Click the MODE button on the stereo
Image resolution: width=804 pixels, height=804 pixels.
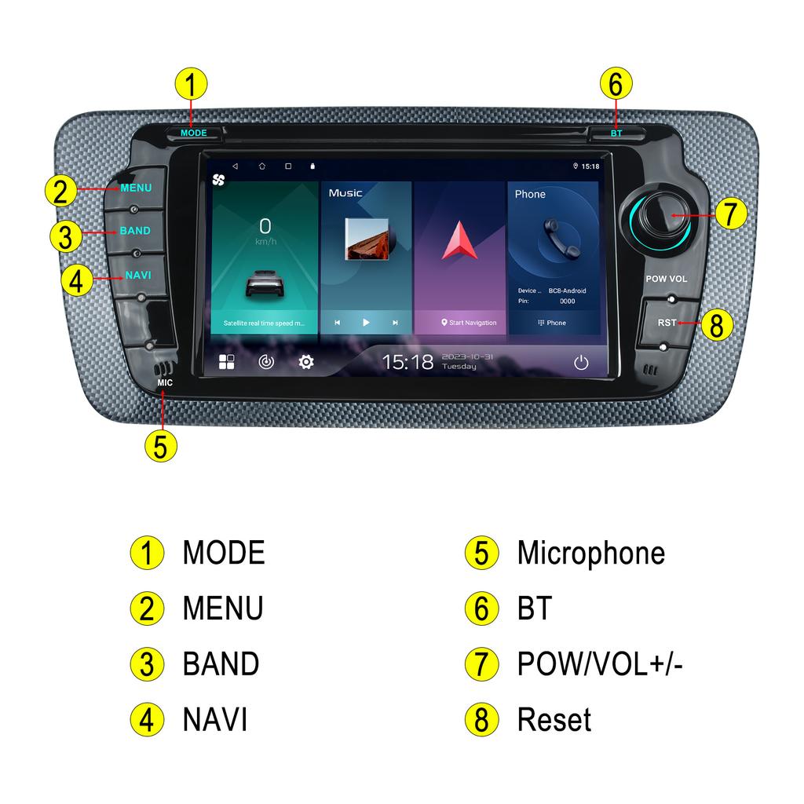(x=193, y=133)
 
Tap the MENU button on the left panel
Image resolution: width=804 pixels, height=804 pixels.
(x=136, y=188)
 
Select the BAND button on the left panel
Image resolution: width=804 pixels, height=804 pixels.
(x=135, y=232)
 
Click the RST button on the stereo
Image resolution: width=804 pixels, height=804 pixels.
(x=667, y=322)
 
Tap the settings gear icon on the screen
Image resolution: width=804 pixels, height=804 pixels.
(x=306, y=362)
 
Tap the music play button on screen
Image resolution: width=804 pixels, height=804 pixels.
(x=366, y=323)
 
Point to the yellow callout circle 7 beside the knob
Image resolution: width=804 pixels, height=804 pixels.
(x=730, y=214)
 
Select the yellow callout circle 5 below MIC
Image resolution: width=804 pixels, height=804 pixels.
(x=160, y=445)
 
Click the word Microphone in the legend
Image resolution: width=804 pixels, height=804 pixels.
(x=590, y=553)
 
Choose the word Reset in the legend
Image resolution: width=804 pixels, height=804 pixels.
(x=554, y=719)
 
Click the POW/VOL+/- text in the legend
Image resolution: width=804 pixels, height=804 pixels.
(x=600, y=664)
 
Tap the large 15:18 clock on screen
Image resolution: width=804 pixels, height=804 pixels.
(x=407, y=362)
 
